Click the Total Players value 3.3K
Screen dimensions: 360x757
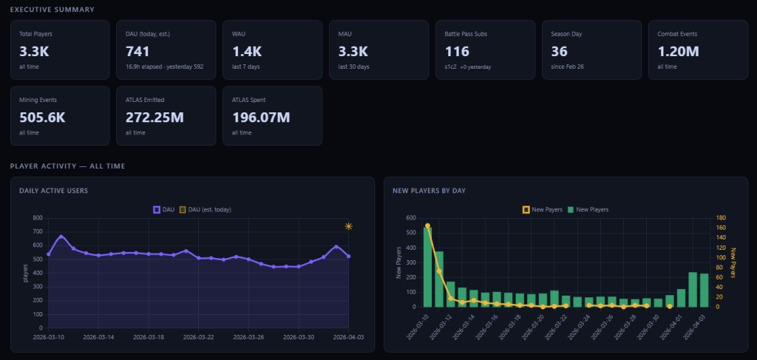pos(33,52)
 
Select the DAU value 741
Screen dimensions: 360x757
pos(138,52)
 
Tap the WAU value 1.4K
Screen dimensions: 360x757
pos(247,52)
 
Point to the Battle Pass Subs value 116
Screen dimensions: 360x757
pos(457,52)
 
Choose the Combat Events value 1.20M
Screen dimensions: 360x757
pos(678,52)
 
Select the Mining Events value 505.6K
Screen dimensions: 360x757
pos(42,118)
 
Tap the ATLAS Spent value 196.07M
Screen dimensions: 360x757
pos(260,118)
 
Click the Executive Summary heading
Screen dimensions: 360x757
pos(52,10)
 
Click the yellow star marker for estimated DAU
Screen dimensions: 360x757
pos(348,226)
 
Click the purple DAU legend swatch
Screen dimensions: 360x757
pos(156,209)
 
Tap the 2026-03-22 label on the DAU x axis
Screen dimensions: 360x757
pos(198,336)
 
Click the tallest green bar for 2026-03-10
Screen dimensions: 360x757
pos(427,266)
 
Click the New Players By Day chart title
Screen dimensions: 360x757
pos(429,191)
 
